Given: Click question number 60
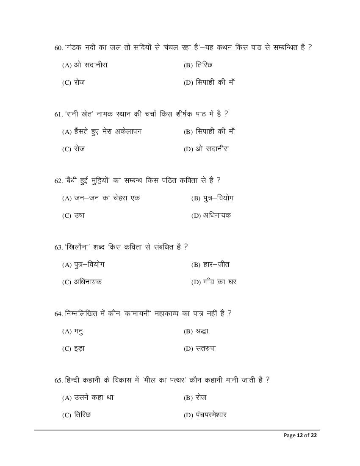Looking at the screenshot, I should coord(59,48).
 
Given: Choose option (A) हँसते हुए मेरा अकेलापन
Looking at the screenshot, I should coord(102,131).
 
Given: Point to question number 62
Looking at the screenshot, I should coord(59,181).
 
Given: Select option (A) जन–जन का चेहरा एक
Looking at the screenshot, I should coord(101,198).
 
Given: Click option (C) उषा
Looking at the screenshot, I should coord(73,216).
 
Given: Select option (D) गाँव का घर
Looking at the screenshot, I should coord(214,282).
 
